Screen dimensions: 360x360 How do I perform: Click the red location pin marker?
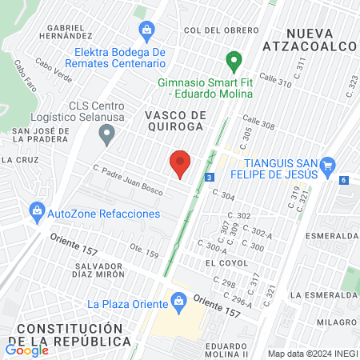[x=180, y=162]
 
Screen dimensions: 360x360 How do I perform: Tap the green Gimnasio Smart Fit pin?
[x=234, y=60]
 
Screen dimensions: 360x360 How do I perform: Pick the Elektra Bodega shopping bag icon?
[x=146, y=31]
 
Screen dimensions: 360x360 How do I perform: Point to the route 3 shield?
[x=209, y=177]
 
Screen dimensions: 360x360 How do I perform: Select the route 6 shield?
[x=342, y=180]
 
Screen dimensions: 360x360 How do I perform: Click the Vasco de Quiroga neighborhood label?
[x=175, y=122]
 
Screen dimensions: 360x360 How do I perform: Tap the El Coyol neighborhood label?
[x=222, y=262]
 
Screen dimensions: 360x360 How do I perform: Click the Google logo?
[x=27, y=350]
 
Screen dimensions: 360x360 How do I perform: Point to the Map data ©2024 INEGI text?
[x=310, y=353]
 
